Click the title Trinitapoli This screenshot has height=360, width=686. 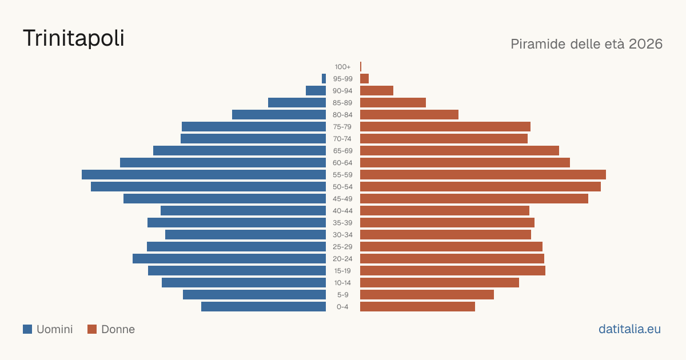tap(74, 38)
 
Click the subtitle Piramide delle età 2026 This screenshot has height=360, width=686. tap(587, 44)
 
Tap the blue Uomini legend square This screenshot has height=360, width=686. tap(27, 329)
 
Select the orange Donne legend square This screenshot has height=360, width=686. tap(92, 329)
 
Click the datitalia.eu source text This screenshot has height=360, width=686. tap(629, 329)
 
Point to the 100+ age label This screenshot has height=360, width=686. tap(342, 67)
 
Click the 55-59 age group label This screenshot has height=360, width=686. tap(342, 175)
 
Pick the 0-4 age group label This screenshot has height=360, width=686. tap(342, 307)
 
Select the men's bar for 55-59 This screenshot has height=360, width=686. tap(204, 174)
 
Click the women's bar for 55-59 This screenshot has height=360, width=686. tap(483, 174)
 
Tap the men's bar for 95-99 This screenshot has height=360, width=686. tap(324, 79)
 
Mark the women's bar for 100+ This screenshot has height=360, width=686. tap(361, 66)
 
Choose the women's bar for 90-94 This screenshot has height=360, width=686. tap(377, 91)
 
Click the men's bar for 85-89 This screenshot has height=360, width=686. tap(297, 102)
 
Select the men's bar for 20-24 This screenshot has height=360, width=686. tap(229, 259)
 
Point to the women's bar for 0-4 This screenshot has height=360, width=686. tap(417, 307)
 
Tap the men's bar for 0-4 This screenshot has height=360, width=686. tap(264, 307)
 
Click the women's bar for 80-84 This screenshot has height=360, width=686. tap(409, 114)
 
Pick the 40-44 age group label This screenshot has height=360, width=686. tap(342, 211)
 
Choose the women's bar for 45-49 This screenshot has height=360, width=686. tap(474, 199)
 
